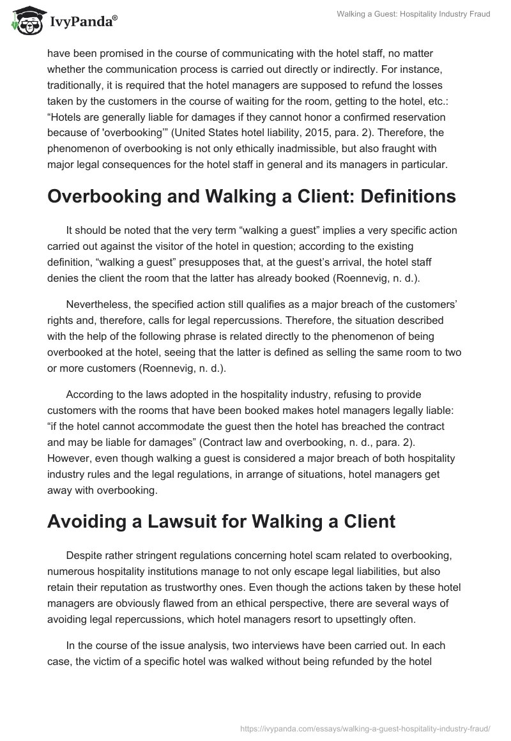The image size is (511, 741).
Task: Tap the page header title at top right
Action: [x=413, y=14]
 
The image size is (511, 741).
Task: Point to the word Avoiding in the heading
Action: [x=86, y=522]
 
